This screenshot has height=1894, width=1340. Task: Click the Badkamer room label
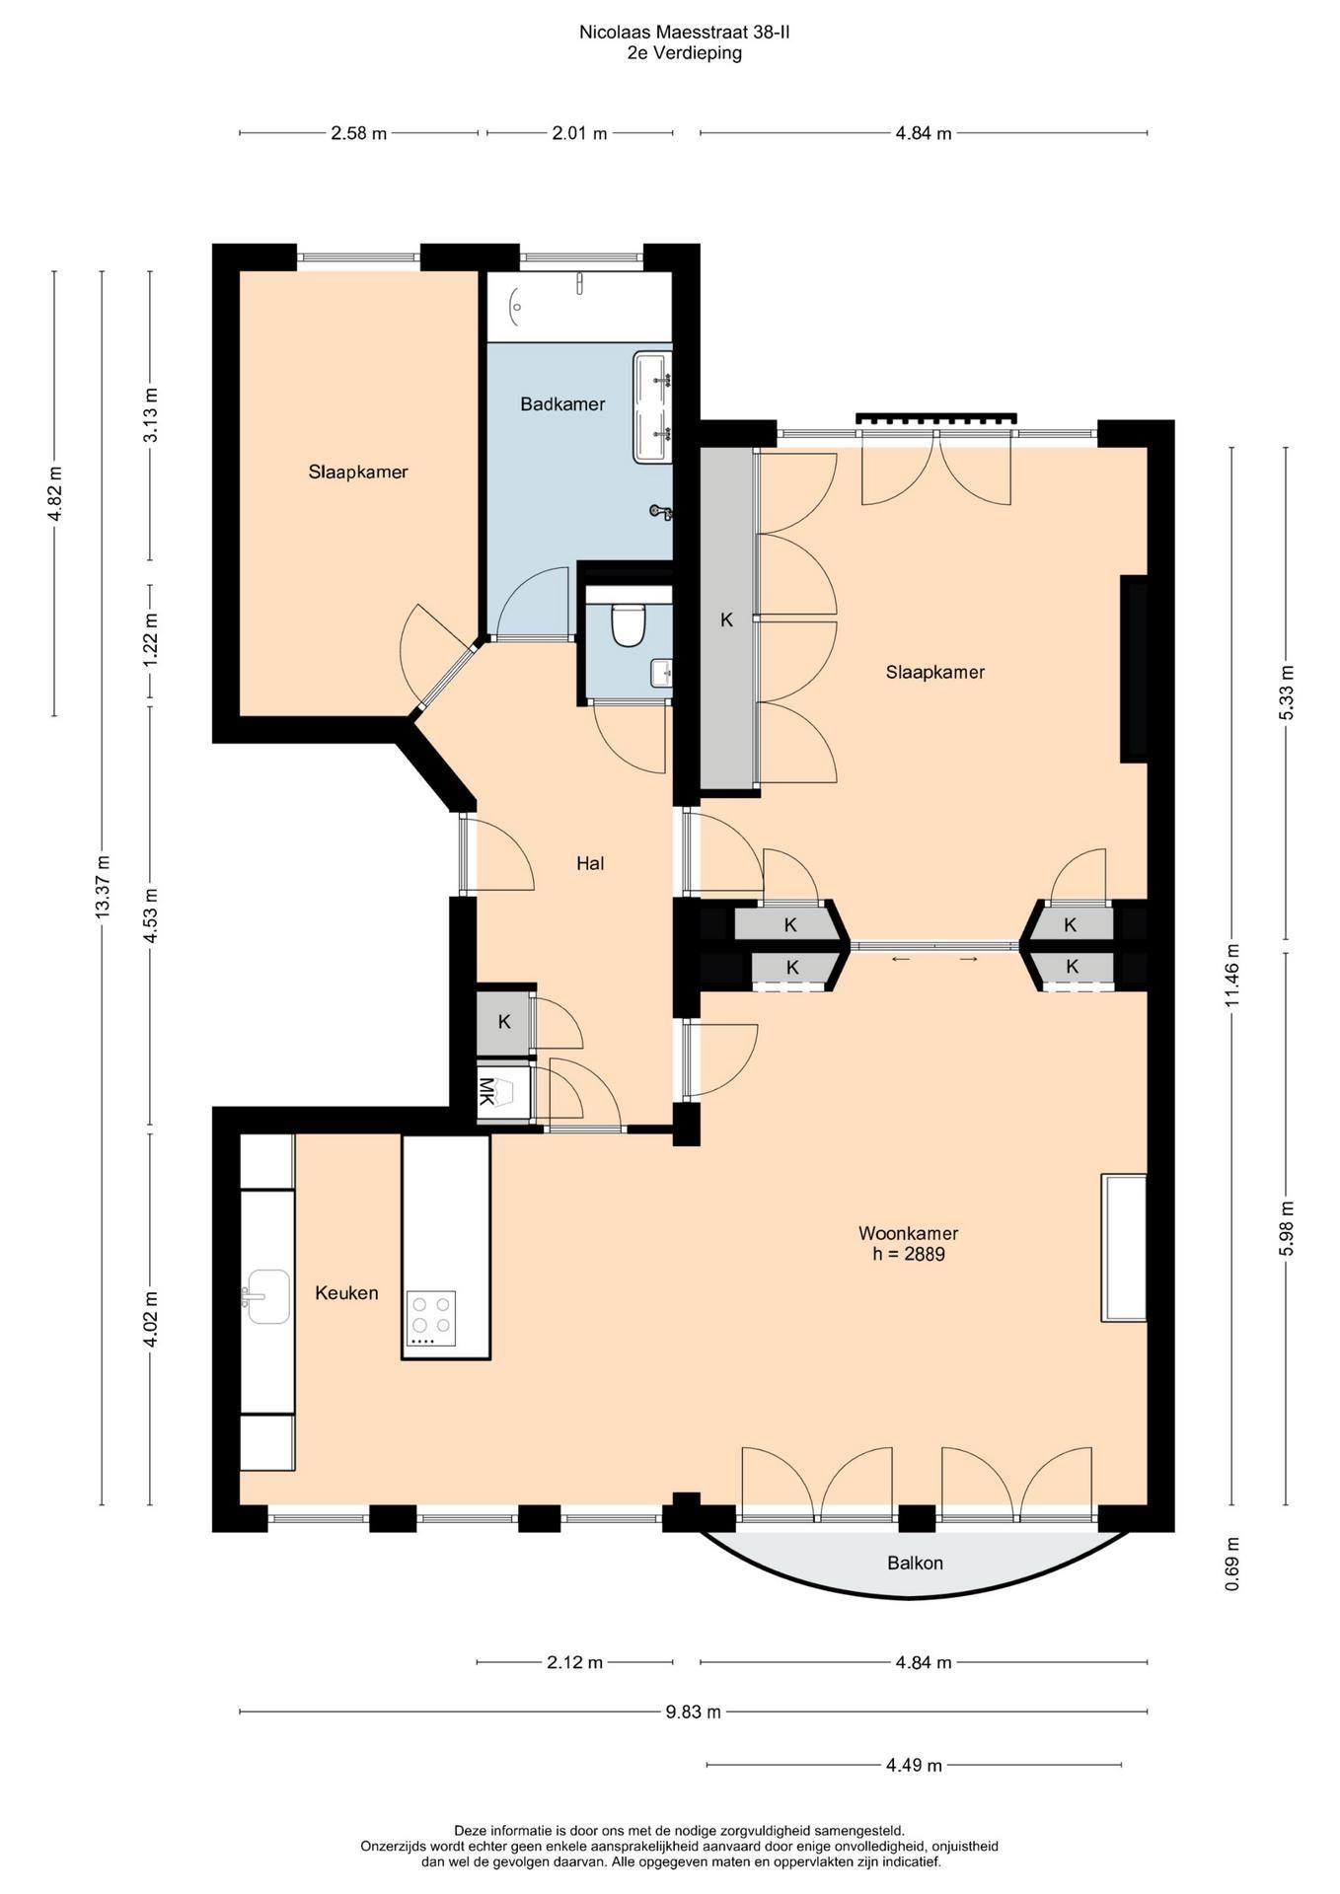pyautogui.click(x=562, y=403)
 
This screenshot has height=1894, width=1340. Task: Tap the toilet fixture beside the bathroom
pyautogui.click(x=628, y=624)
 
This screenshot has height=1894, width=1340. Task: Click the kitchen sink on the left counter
pyautogui.click(x=267, y=1295)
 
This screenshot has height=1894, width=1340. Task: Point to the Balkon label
pyautogui.click(x=915, y=1563)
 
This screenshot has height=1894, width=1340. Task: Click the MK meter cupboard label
pyautogui.click(x=486, y=1091)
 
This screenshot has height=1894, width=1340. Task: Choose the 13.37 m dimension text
pyautogui.click(x=103, y=888)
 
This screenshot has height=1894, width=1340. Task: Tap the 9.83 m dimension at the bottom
pyautogui.click(x=693, y=1712)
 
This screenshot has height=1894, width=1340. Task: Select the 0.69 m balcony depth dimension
pyautogui.click(x=1231, y=1564)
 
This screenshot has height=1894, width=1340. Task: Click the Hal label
pyautogui.click(x=590, y=863)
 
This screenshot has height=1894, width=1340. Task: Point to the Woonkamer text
pyautogui.click(x=908, y=1233)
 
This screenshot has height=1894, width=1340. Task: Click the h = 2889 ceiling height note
pyautogui.click(x=908, y=1255)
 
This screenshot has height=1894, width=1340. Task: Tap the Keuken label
pyautogui.click(x=346, y=1292)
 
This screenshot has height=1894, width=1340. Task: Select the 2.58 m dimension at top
pyautogui.click(x=358, y=133)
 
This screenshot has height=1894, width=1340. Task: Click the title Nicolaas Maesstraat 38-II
pyautogui.click(x=684, y=33)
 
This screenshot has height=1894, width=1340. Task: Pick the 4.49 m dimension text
pyautogui.click(x=914, y=1765)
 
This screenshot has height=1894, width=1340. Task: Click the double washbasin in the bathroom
pyautogui.click(x=652, y=406)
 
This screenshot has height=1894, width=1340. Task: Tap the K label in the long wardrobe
pyautogui.click(x=727, y=619)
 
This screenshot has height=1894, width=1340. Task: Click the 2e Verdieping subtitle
pyautogui.click(x=684, y=53)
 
